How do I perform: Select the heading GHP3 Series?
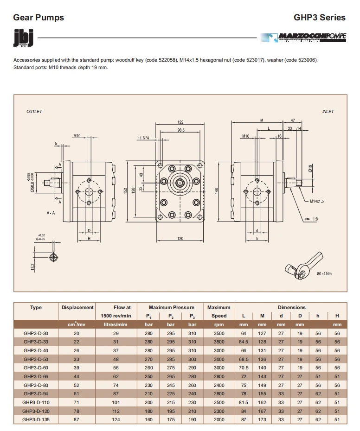[319, 18]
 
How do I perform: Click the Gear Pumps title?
[39, 18]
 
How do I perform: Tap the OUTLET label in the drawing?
[34, 112]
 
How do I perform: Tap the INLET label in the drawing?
[328, 112]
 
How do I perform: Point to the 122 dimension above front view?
[180, 122]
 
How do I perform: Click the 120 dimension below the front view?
[180, 239]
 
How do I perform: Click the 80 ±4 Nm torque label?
[324, 274]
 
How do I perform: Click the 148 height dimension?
[217, 190]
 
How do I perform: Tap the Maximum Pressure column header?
[171, 307]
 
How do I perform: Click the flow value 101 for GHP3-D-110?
[116, 402]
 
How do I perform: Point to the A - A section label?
[51, 213]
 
